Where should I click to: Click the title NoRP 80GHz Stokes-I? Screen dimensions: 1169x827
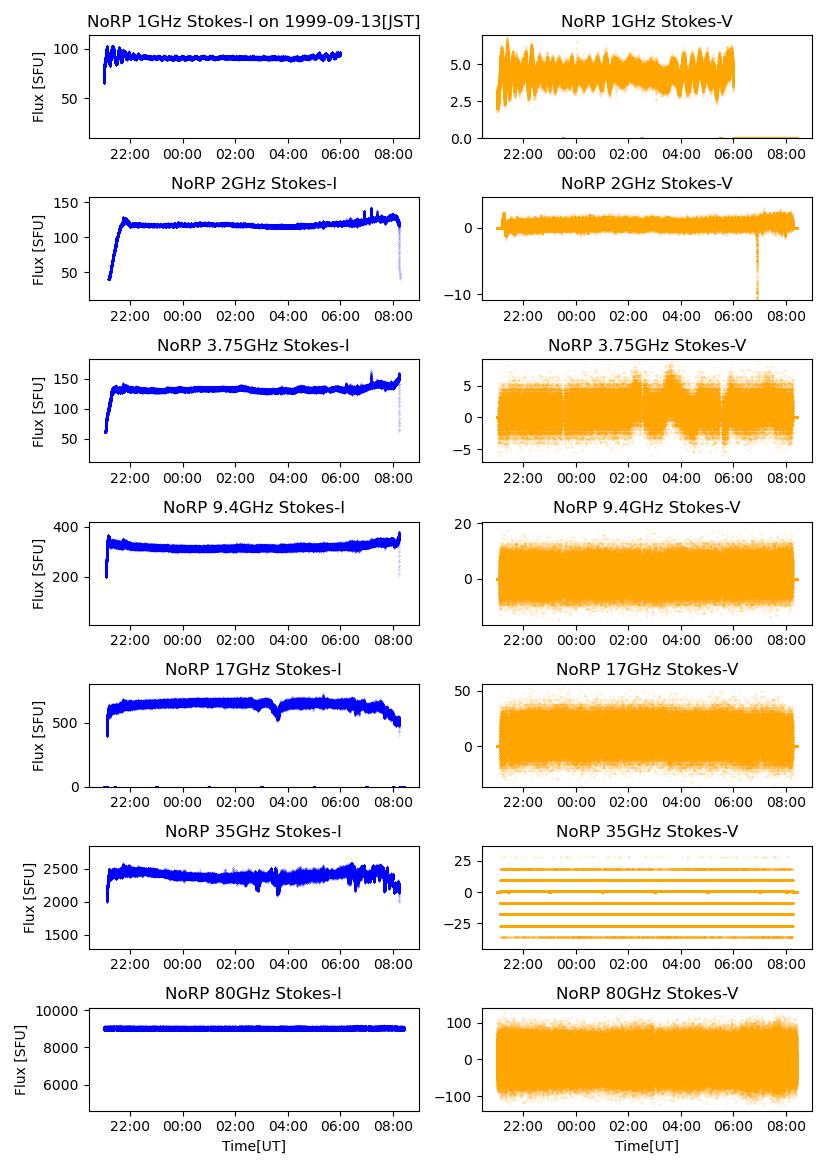coord(253,993)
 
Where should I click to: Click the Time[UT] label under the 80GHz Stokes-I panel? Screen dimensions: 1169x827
coord(253,1146)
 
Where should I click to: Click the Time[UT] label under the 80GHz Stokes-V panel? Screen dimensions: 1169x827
coord(646,1146)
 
